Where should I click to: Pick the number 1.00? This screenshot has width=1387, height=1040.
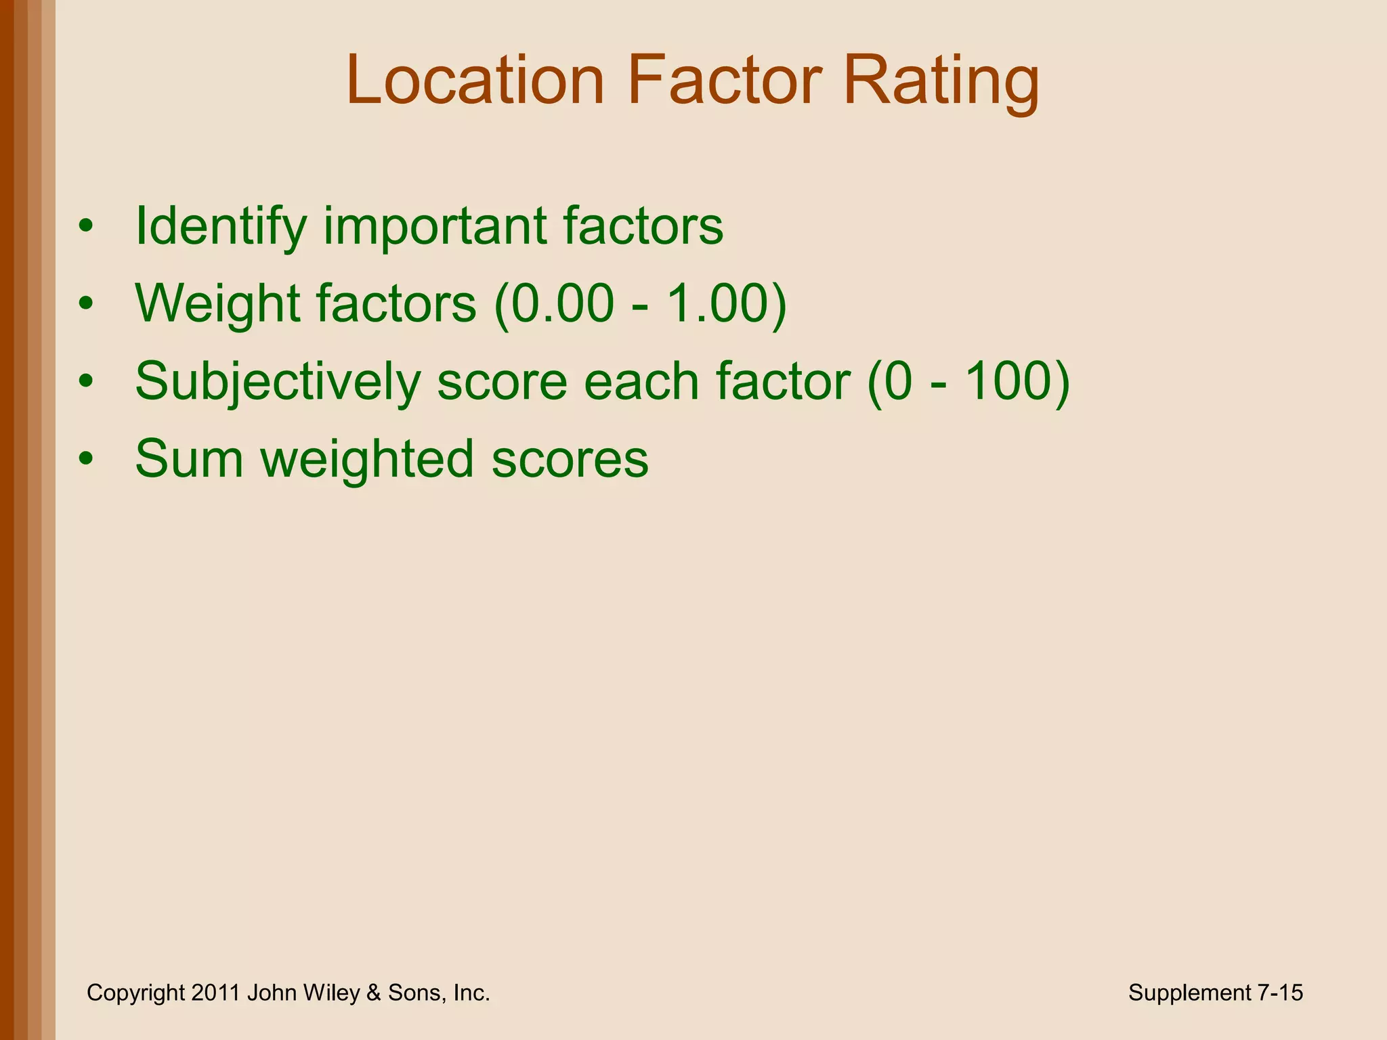[718, 303]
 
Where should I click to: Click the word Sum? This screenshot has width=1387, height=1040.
[189, 459]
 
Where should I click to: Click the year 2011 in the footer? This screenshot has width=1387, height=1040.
[215, 993]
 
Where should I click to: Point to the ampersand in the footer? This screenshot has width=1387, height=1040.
[373, 993]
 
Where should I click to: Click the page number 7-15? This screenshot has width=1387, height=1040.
[1279, 993]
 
